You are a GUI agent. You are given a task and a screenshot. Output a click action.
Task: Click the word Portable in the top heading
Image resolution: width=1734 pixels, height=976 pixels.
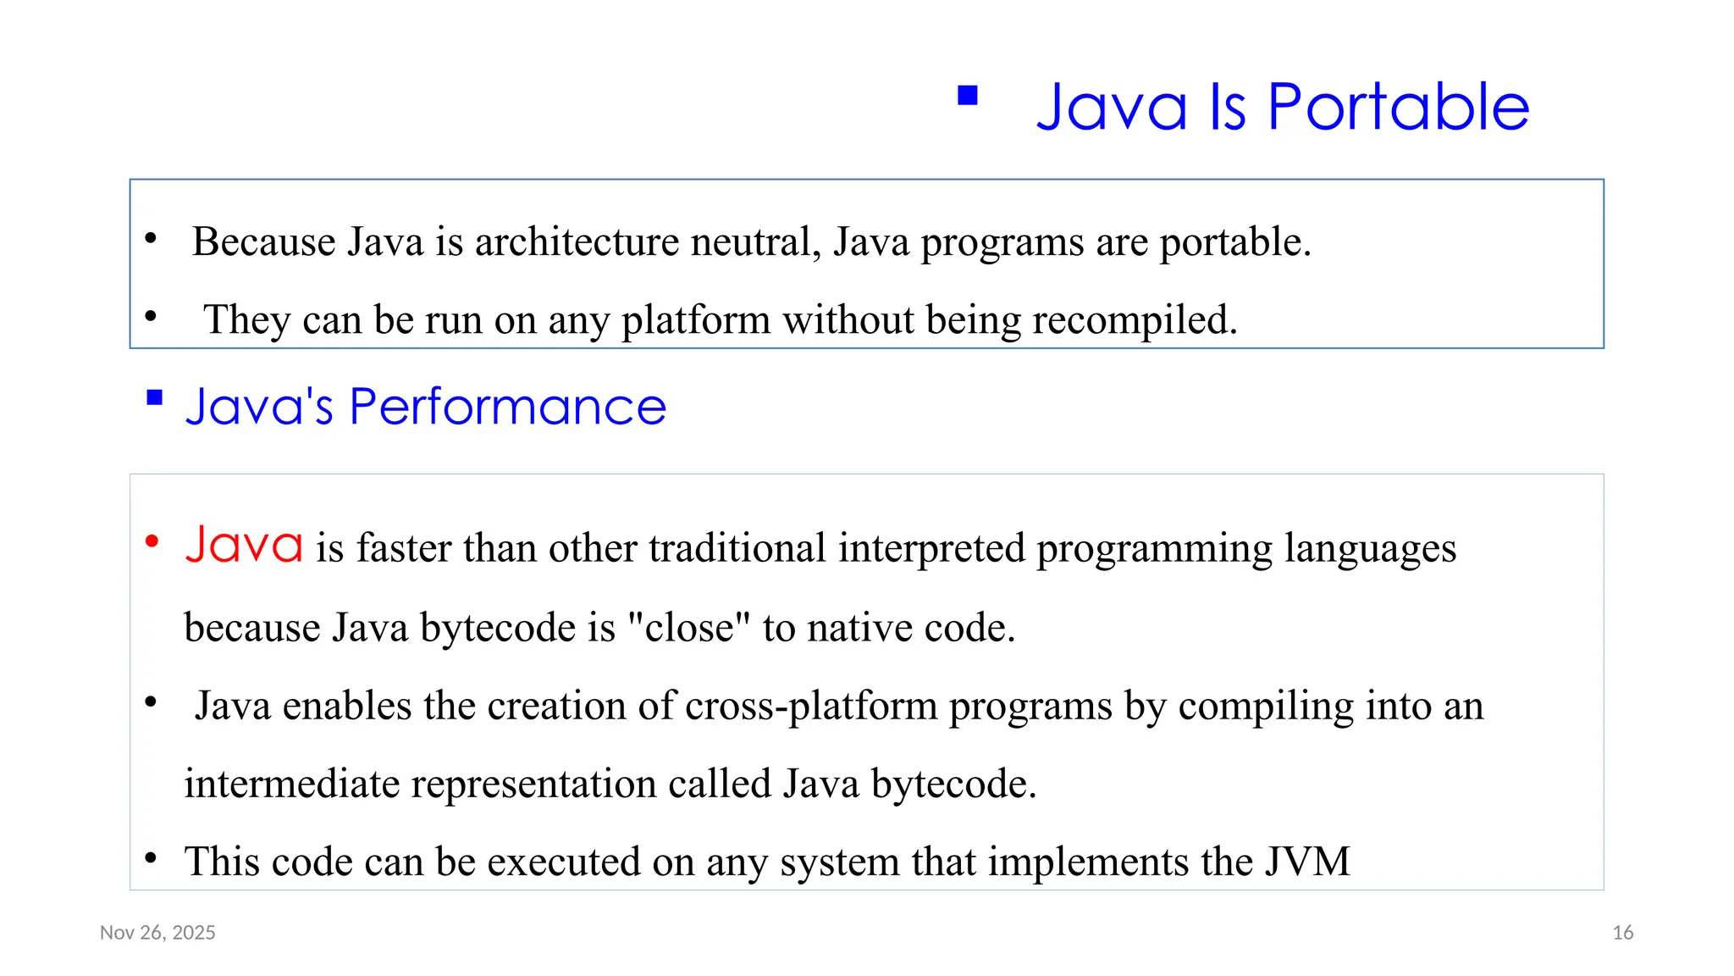[1398, 108]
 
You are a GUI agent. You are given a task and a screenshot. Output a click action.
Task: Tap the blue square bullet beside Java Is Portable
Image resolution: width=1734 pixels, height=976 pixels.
[968, 95]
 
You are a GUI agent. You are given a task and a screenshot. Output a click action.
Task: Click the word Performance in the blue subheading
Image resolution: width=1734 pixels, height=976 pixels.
[507, 407]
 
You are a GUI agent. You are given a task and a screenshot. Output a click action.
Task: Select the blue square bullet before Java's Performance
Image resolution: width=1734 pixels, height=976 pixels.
[154, 397]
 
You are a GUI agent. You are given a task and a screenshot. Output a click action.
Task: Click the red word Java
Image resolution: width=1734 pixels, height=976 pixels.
[244, 545]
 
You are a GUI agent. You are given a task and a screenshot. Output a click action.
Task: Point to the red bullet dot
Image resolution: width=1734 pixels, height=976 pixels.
[152, 541]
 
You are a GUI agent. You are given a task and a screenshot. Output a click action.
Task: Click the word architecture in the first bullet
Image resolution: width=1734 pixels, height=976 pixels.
[576, 242]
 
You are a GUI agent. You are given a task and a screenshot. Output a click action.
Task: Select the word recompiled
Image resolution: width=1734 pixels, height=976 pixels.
[1135, 320]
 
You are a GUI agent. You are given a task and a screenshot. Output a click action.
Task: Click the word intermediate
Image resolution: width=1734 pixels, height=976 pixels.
[291, 784]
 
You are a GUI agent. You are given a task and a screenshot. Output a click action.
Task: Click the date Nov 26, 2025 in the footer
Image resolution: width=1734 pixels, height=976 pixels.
[157, 933]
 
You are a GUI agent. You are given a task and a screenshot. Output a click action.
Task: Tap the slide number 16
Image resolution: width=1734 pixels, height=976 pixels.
[1622, 933]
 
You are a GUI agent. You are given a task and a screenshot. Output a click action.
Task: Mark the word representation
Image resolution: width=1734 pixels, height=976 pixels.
[533, 784]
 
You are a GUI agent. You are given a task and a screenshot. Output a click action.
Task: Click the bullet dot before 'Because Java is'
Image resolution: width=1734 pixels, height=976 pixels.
[151, 238]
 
